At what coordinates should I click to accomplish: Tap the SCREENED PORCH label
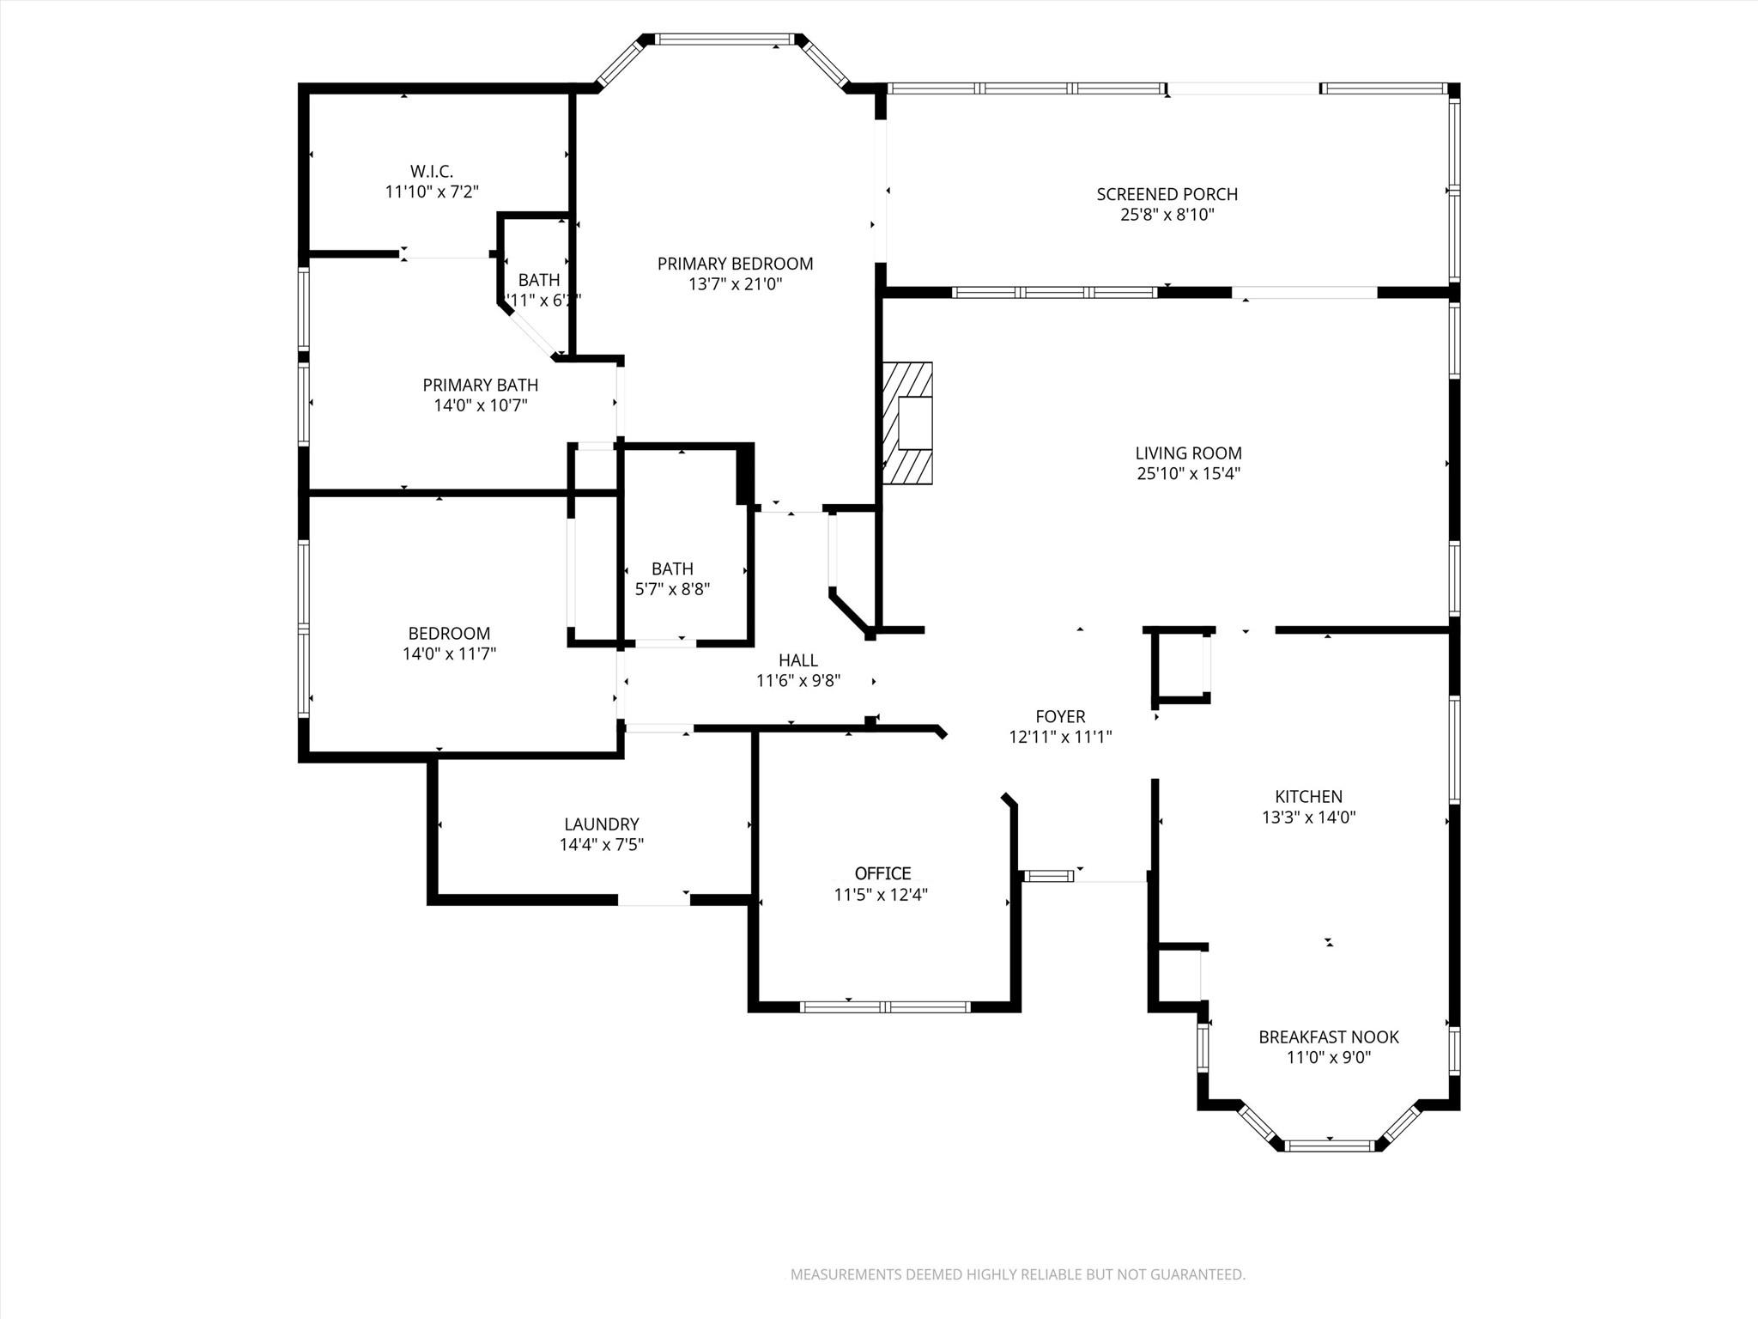(x=1167, y=194)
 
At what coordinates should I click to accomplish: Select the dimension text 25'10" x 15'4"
(x=1188, y=473)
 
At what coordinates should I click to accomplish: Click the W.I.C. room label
(x=431, y=171)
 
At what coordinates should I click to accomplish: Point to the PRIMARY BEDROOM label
(x=735, y=264)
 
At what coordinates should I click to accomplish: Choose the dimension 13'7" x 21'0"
(x=735, y=284)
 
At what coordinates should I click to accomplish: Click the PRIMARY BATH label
(x=480, y=385)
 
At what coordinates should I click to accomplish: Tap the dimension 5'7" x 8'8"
(x=672, y=589)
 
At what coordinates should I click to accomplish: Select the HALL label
(x=797, y=660)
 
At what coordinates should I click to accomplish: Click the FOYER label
(x=1060, y=716)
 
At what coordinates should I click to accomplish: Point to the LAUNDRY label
(x=601, y=824)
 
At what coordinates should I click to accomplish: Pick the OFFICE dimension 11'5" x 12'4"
(x=881, y=895)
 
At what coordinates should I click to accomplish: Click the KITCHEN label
(x=1308, y=796)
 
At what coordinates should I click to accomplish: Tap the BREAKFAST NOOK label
(x=1328, y=1036)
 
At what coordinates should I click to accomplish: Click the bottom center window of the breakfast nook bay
(x=1328, y=1145)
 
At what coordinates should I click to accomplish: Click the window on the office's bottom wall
(x=884, y=1006)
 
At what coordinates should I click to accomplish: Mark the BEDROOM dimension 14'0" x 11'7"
(x=449, y=653)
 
